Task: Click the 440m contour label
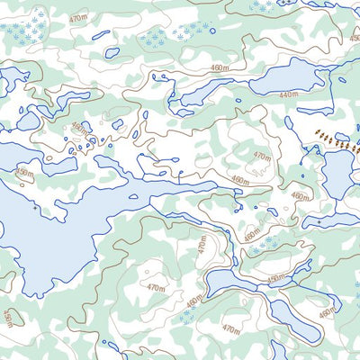coord(288,94)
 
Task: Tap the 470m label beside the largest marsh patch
coord(78,18)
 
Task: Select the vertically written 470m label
coord(202,244)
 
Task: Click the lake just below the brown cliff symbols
coord(338,174)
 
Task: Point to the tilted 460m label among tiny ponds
coord(80,131)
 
